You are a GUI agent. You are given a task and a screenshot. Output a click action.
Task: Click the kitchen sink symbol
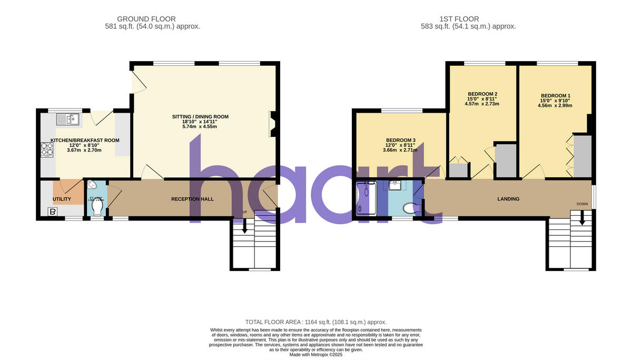pyautogui.click(x=67, y=119)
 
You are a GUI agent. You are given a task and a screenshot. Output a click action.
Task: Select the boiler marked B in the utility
pyautogui.click(x=52, y=212)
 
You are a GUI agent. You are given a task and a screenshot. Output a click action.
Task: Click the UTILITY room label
pyautogui.click(x=62, y=199)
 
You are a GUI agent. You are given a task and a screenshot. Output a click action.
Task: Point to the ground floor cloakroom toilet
pyautogui.click(x=96, y=208)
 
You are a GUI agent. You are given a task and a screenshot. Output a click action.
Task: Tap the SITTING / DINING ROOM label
pyautogui.click(x=200, y=117)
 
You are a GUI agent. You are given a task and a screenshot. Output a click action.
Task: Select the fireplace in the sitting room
pyautogui.click(x=272, y=124)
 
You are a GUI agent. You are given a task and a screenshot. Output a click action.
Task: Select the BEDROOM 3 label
pyautogui.click(x=400, y=141)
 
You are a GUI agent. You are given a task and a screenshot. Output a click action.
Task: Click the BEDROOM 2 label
pyautogui.click(x=482, y=94)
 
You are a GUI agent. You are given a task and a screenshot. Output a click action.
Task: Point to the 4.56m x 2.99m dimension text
pyautogui.click(x=555, y=105)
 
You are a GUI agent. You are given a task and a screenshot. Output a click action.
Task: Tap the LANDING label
pyautogui.click(x=508, y=199)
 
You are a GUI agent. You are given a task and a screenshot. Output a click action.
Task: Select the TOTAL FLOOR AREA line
pyautogui.click(x=316, y=322)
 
